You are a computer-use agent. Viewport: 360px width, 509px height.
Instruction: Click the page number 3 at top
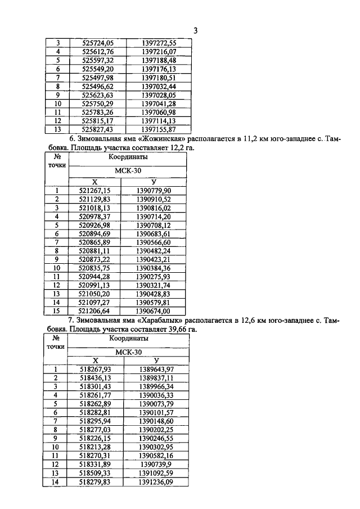[x=195, y=31]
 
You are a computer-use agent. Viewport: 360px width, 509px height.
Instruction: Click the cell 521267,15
[x=95, y=191]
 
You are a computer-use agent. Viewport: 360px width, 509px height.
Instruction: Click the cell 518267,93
[x=96, y=369]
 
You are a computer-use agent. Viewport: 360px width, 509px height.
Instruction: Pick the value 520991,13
[x=95, y=286]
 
